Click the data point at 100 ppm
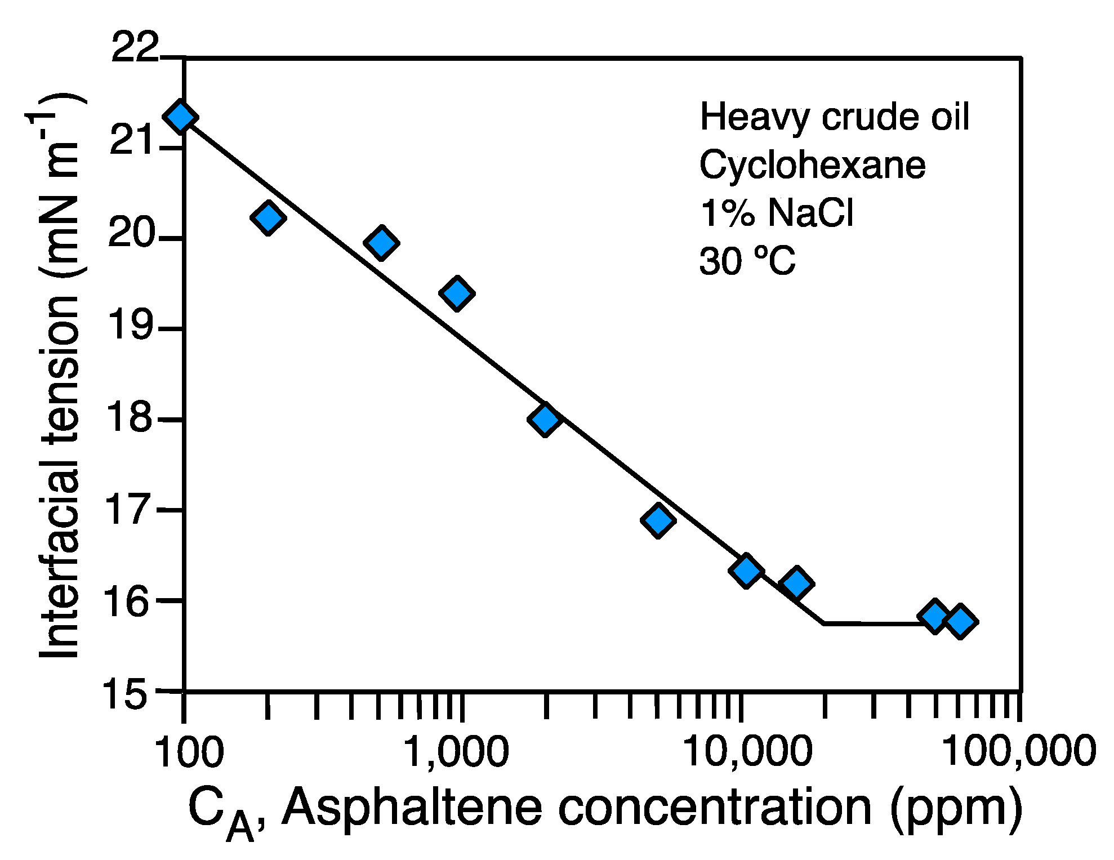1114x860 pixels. (180, 117)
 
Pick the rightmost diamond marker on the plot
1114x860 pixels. (961, 621)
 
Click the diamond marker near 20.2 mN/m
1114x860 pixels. (268, 217)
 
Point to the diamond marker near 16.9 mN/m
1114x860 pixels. (658, 519)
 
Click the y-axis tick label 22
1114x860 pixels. (136, 48)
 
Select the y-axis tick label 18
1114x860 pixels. (130, 419)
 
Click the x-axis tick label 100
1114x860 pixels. (189, 752)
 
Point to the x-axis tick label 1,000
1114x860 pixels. (457, 752)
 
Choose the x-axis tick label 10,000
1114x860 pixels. (748, 752)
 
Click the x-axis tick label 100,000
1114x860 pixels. (1019, 752)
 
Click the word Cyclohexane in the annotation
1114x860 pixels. (812, 166)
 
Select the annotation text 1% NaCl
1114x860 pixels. (776, 213)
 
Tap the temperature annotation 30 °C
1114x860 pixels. (747, 262)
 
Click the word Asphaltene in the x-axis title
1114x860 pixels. (411, 808)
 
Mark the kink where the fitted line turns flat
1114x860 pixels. (824, 623)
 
